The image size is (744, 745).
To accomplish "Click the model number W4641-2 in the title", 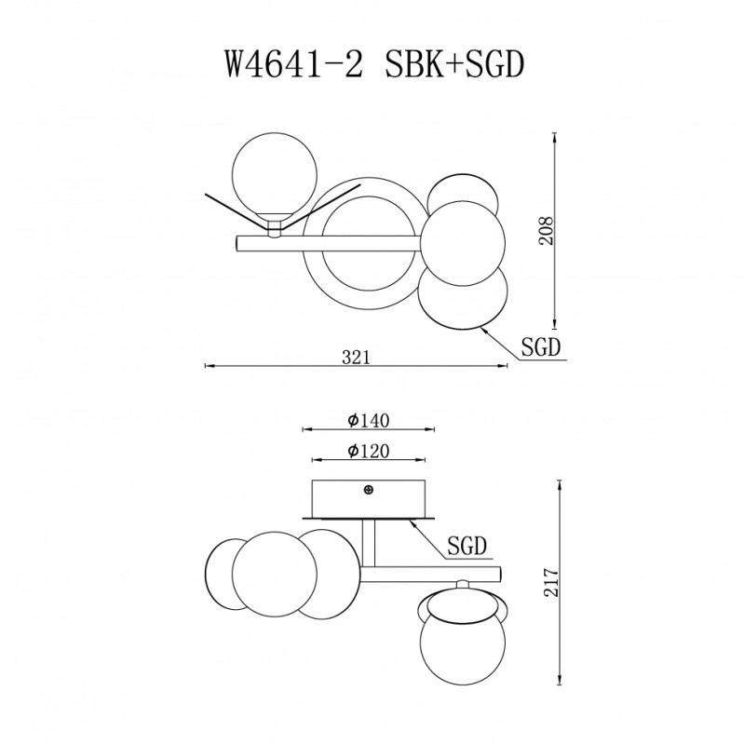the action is (294, 64).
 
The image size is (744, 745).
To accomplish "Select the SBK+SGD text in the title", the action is (454, 64).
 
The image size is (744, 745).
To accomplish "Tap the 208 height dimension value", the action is (547, 231).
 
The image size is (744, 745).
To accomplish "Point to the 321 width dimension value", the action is (356, 357).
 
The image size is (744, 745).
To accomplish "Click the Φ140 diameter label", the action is (368, 421).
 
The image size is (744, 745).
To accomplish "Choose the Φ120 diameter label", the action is (368, 451).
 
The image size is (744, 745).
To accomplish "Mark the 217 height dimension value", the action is (551, 582).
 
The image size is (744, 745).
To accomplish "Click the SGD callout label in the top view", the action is (541, 347).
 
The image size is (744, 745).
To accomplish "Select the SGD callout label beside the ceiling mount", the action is (467, 546).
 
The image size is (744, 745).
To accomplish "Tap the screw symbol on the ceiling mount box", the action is (368, 490).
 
